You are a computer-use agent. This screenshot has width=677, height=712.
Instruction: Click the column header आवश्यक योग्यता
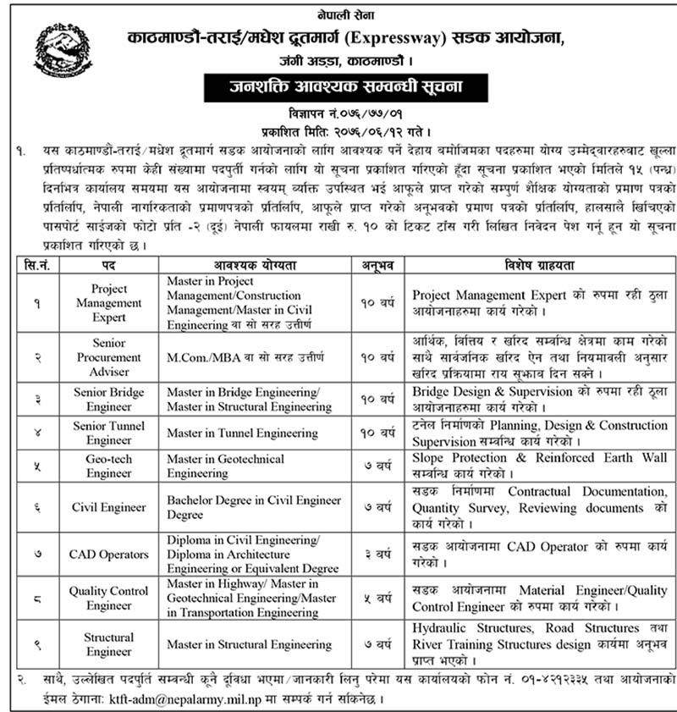256,265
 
